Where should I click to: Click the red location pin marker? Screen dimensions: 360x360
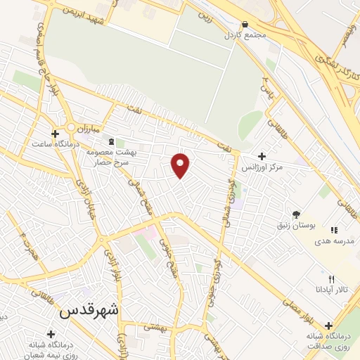pyautogui.click(x=181, y=165)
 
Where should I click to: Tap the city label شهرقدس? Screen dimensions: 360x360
pyautogui.click(x=89, y=310)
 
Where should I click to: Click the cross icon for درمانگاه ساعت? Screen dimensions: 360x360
pyautogui.click(x=55, y=133)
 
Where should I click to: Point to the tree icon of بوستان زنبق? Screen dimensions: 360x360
pyautogui.click(x=296, y=214)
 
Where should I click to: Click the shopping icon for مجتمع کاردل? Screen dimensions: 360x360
pyautogui.click(x=244, y=24)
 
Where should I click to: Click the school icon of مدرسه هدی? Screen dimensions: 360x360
pyautogui.click(x=334, y=229)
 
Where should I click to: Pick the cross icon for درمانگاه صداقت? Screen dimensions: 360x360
pyautogui.click(x=328, y=325)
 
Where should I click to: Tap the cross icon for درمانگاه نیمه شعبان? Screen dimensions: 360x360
pyautogui.click(x=51, y=334)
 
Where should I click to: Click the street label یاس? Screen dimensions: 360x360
pyautogui.click(x=266, y=87)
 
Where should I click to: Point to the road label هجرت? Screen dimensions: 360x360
pyautogui.click(x=26, y=242)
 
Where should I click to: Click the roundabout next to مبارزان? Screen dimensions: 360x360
pyautogui.click(x=71, y=127)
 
